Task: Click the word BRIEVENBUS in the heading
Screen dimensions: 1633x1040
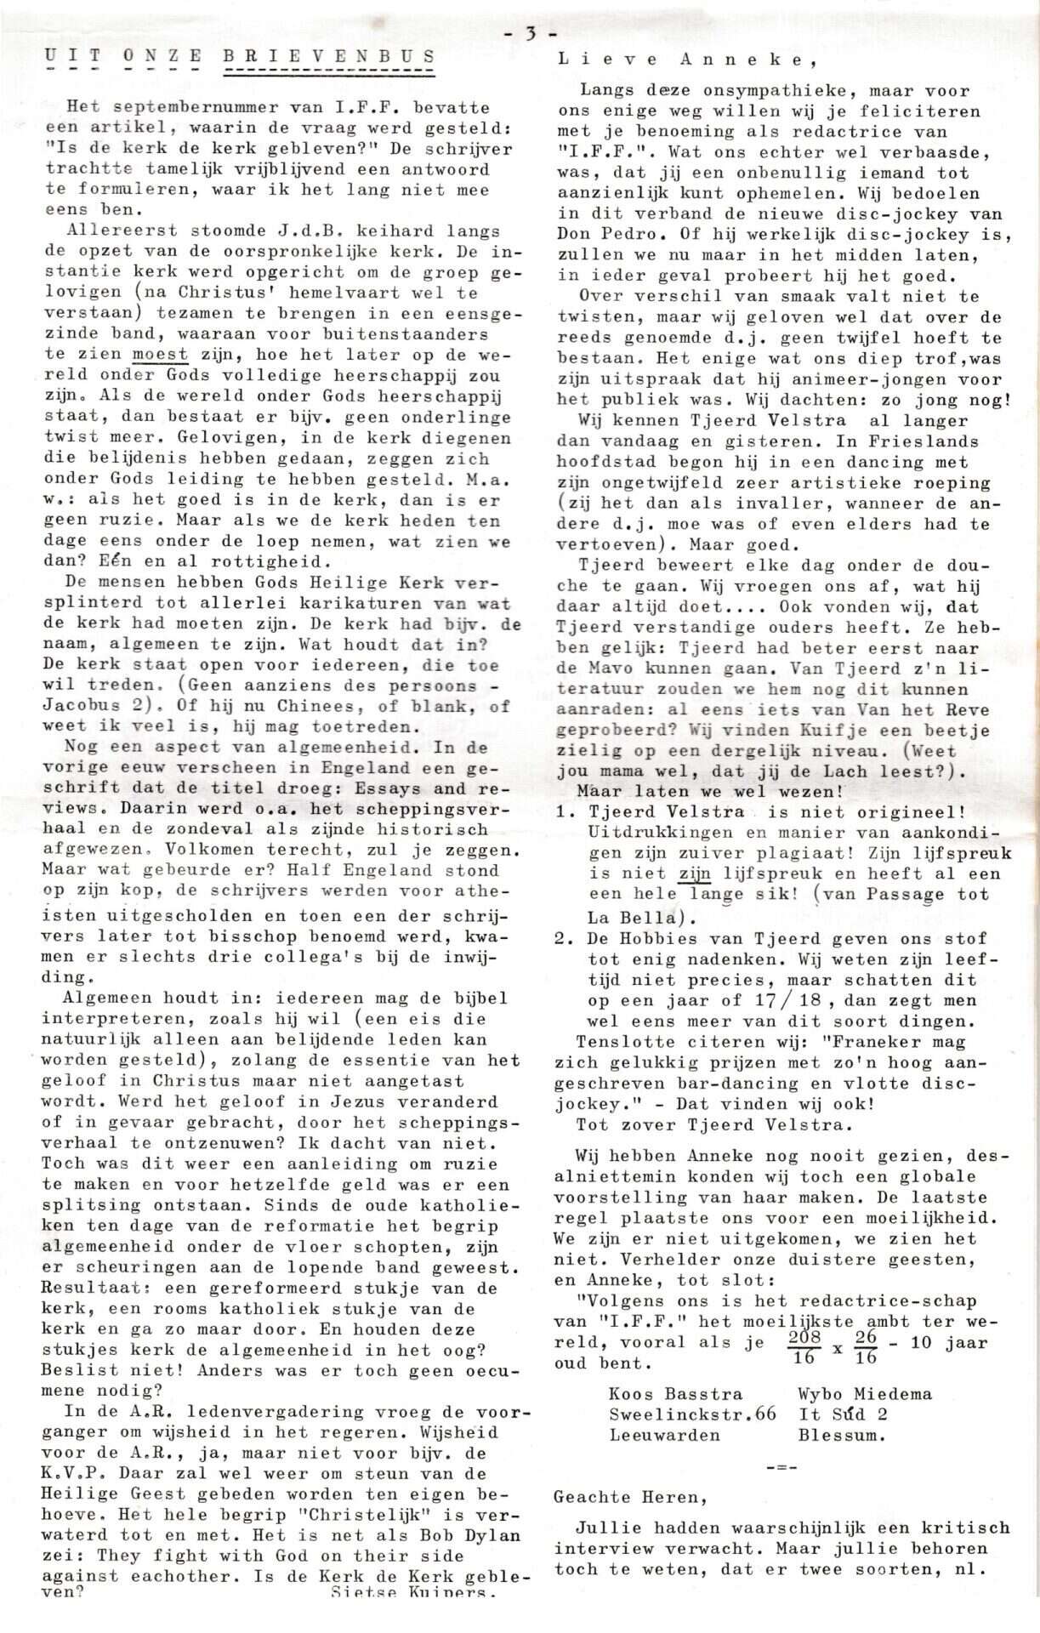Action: [329, 57]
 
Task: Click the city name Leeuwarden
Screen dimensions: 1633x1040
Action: [664, 1435]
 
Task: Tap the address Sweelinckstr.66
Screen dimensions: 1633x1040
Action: [692, 1414]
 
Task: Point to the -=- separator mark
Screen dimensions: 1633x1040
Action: [776, 1468]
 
